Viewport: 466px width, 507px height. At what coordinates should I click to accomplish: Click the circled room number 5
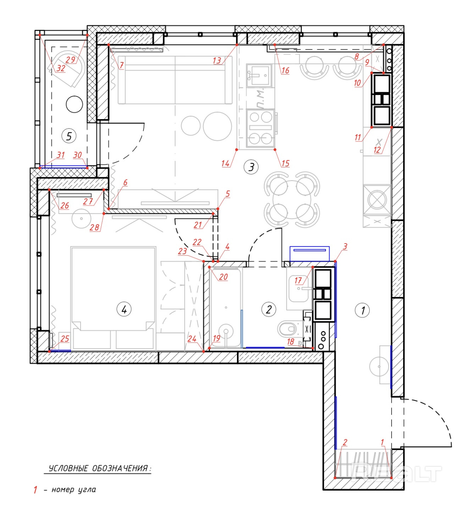click(69, 136)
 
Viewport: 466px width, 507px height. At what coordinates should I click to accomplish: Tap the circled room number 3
click(251, 167)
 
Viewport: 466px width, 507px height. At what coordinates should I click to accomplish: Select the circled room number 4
click(124, 309)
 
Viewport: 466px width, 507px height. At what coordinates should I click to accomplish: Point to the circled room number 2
click(269, 309)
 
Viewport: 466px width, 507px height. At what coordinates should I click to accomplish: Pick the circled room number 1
click(362, 310)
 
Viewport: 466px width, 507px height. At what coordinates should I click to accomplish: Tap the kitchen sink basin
click(259, 75)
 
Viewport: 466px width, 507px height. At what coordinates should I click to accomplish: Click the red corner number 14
click(225, 163)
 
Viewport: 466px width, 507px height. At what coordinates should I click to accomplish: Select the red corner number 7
click(121, 66)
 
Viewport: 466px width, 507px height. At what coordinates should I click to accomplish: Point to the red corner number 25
click(65, 339)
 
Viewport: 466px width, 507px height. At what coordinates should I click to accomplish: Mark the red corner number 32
click(61, 68)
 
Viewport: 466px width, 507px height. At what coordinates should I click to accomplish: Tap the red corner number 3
click(345, 246)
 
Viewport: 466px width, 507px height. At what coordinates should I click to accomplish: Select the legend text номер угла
click(74, 490)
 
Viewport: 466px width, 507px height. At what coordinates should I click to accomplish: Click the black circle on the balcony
click(74, 104)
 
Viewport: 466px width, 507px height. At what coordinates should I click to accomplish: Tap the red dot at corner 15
click(275, 150)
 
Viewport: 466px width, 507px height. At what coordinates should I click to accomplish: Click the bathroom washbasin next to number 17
click(299, 288)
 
